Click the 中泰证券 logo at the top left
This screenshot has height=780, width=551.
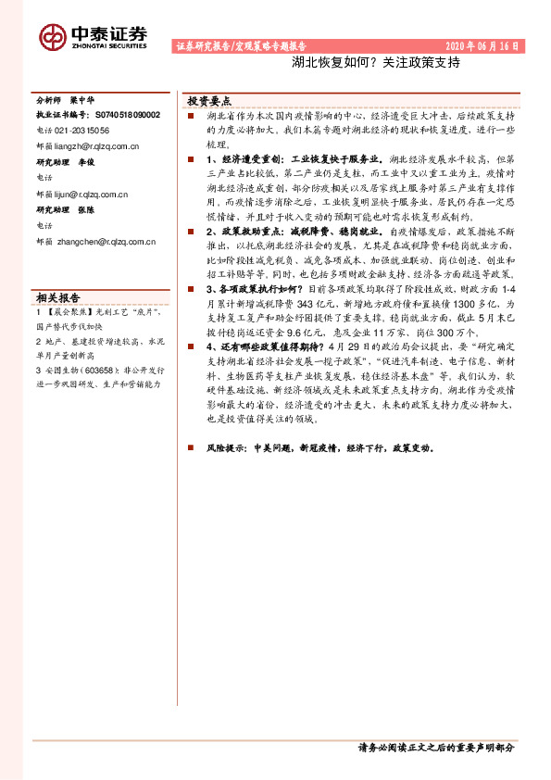[x=93, y=35]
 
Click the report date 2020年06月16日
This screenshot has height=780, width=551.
[x=482, y=45]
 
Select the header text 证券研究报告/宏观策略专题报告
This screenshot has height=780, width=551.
[x=241, y=45]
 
